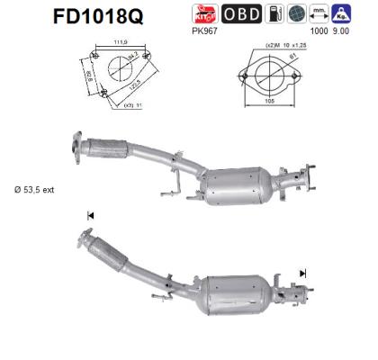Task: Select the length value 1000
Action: pos(317,31)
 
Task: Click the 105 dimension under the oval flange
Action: pos(256,103)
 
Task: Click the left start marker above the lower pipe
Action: pos(90,216)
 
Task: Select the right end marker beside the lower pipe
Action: pos(303,272)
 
